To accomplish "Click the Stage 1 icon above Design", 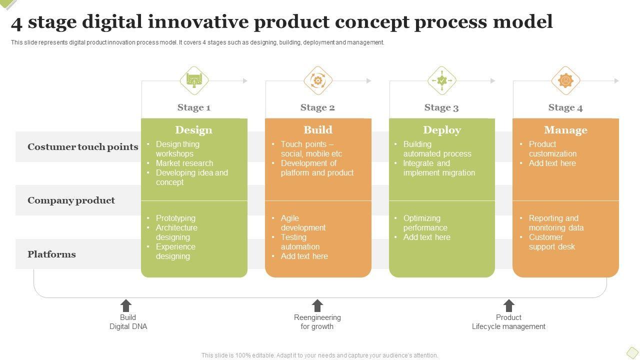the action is click(x=194, y=80).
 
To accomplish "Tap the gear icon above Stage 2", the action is click(x=318, y=80).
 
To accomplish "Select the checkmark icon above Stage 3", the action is click(x=442, y=80).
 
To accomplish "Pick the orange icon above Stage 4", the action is click(x=565, y=80).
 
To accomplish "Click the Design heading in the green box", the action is click(x=194, y=130).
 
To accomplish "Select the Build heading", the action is click(x=318, y=130).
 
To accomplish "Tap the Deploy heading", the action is click(x=442, y=130).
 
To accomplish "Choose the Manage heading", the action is click(x=565, y=130).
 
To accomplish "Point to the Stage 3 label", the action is click(x=441, y=107).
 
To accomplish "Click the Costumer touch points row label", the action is click(x=83, y=147).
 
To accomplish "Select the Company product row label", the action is click(x=71, y=200).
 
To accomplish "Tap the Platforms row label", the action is click(x=51, y=254).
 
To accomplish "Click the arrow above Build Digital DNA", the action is click(x=126, y=305).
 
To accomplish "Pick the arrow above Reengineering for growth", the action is click(x=317, y=305).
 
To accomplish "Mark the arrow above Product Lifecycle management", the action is click(x=508, y=305).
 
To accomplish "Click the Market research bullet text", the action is click(x=184, y=163).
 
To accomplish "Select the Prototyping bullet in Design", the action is click(x=175, y=218).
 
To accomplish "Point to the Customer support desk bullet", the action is click(x=551, y=242).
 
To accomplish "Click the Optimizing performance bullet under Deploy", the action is click(x=422, y=223).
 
